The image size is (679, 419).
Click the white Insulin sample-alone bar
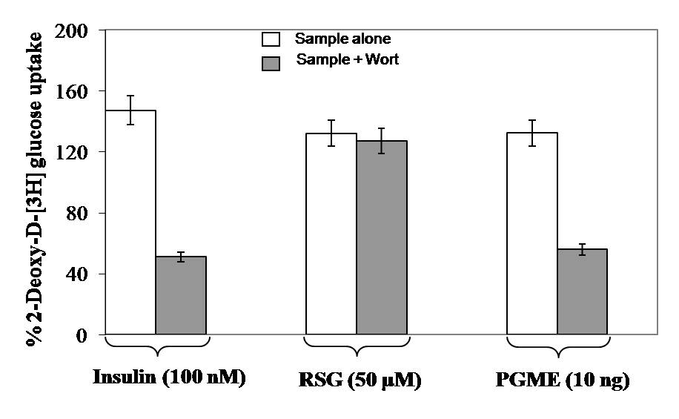click(x=130, y=222)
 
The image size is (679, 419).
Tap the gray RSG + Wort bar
click(x=382, y=237)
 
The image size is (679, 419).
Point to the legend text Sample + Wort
click(x=347, y=60)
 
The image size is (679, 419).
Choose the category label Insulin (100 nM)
click(x=169, y=377)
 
